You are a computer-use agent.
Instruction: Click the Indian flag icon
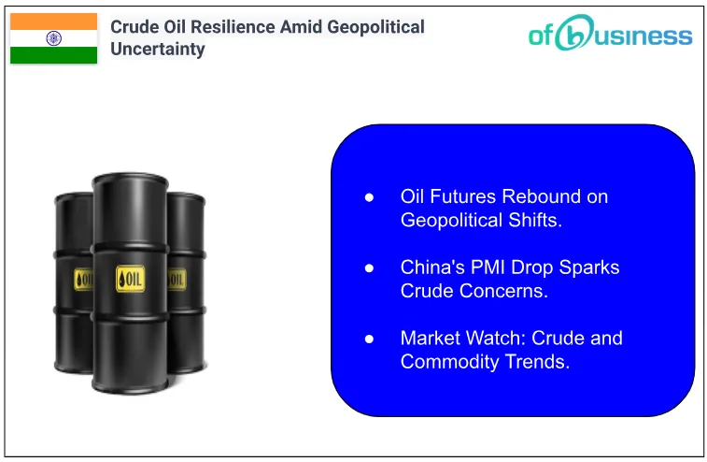(x=53, y=38)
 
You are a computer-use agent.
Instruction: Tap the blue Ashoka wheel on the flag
(x=53, y=38)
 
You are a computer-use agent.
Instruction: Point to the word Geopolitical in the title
(x=375, y=26)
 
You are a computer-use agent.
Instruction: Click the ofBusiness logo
(x=611, y=35)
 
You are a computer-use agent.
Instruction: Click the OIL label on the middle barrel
(x=130, y=278)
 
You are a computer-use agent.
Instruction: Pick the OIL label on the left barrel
(x=83, y=279)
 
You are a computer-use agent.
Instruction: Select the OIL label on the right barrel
(x=177, y=279)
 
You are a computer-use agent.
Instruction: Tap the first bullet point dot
(x=369, y=197)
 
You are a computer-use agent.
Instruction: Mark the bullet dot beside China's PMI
(x=369, y=267)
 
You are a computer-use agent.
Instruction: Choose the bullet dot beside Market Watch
(x=369, y=338)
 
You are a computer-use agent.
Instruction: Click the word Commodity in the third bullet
(x=447, y=361)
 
